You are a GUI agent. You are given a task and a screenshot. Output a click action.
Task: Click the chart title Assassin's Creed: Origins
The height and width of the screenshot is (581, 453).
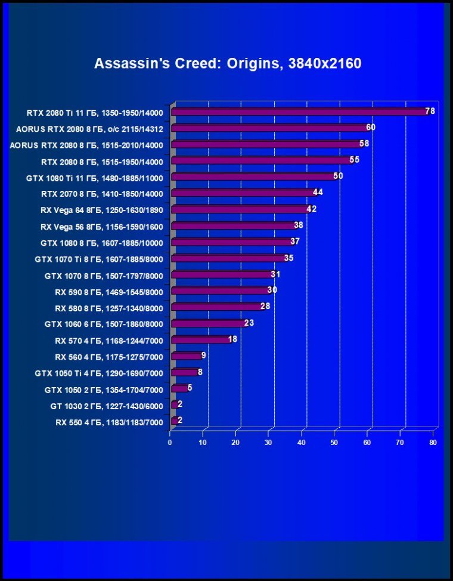pos(228,63)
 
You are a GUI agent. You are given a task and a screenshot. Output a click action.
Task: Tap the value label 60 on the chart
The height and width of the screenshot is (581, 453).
pos(371,128)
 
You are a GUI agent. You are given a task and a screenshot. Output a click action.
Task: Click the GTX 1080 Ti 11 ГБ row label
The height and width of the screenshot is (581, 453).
pos(95,177)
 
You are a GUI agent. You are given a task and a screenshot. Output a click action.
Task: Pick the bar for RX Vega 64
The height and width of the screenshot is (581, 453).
pos(241,209)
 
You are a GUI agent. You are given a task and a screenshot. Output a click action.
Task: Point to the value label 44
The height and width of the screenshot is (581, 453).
pos(318,193)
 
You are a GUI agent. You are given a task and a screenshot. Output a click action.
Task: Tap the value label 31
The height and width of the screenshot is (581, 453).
pos(275,274)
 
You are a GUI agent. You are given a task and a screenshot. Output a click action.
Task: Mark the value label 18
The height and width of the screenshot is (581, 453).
pos(232,339)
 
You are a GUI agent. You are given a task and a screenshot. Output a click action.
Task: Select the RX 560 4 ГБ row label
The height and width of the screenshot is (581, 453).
pos(108,357)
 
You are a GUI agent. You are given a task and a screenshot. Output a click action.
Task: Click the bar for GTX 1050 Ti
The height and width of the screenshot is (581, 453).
pos(185,372)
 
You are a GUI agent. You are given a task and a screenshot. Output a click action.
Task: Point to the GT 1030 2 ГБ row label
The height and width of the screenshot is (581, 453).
pos(107,406)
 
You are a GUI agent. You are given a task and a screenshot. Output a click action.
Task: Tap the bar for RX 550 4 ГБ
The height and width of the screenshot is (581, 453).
pos(175,421)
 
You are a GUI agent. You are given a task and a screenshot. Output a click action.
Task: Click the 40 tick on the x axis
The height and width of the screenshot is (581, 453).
pos(302,443)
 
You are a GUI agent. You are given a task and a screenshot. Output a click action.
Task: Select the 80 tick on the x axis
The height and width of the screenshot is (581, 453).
pos(433,443)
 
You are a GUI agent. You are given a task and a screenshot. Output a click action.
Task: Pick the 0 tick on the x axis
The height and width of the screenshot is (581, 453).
pos(170,443)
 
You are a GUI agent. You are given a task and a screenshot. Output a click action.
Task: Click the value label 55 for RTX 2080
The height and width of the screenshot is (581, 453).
pos(354,160)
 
